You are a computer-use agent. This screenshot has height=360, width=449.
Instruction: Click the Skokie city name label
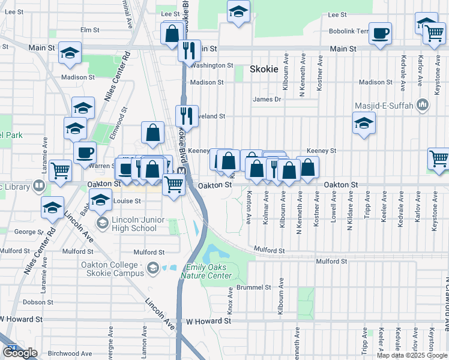click(264, 69)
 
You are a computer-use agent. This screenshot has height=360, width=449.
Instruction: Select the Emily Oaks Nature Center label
click(209, 271)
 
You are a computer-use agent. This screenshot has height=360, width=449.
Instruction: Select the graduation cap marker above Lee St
click(238, 11)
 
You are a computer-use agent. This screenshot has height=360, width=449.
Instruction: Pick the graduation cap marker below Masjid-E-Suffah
click(364, 124)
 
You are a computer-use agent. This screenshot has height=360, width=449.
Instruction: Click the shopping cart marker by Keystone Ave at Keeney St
click(439, 158)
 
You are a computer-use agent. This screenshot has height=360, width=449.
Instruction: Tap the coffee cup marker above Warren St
click(85, 152)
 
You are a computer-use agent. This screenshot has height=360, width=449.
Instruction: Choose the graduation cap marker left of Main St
click(70, 53)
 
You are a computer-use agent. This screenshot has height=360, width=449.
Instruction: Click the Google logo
click(20, 353)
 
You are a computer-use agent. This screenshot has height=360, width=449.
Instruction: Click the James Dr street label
click(267, 100)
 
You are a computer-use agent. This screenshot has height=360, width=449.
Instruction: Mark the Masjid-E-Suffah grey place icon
click(423, 106)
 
